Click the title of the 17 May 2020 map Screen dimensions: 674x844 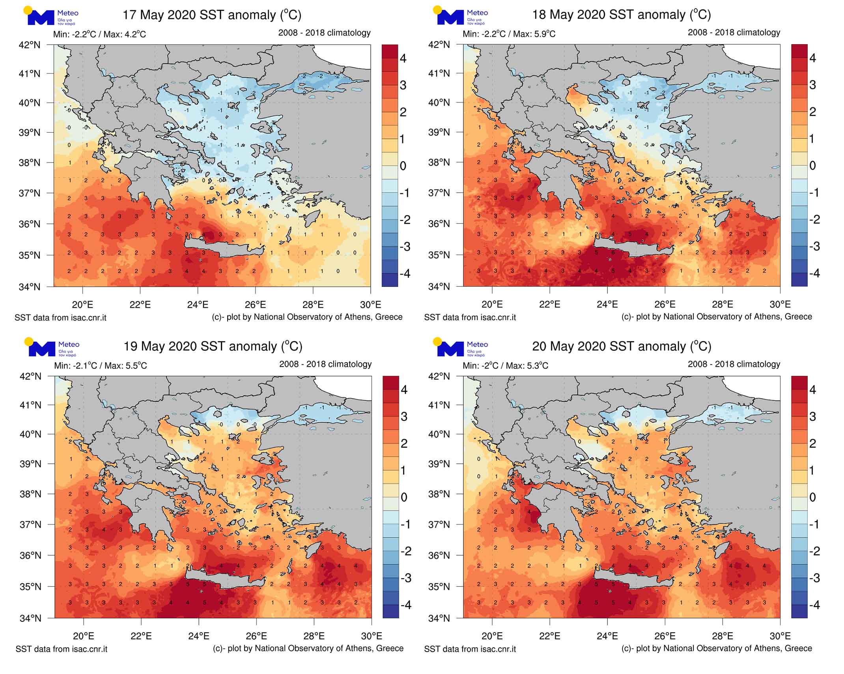212,15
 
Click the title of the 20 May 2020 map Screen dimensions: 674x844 622,346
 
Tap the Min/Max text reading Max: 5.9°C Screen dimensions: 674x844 509,34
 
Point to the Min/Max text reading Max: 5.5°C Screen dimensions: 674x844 101,366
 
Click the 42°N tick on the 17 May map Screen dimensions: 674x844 30,45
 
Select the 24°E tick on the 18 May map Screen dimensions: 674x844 607,304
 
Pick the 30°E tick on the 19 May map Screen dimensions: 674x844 372,636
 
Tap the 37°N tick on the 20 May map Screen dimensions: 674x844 439,524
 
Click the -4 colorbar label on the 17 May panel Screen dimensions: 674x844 404,273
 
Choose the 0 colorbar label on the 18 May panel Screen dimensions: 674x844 812,166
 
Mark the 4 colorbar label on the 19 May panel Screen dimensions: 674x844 404,390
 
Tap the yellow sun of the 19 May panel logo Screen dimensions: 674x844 28,341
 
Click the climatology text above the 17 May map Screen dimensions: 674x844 324,33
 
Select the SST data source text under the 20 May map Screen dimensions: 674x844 470,649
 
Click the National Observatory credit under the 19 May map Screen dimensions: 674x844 308,648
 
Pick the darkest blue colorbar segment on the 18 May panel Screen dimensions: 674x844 799,279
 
